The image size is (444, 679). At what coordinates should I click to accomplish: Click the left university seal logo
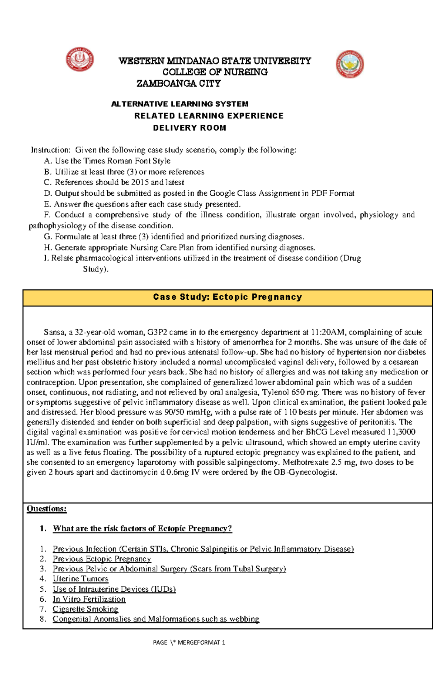point(80,60)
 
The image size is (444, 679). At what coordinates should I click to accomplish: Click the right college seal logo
point(350,64)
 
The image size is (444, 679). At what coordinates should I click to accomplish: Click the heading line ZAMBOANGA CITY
point(179,84)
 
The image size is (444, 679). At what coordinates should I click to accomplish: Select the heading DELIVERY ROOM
point(189,128)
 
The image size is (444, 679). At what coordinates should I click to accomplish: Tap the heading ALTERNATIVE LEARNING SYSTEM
point(180,104)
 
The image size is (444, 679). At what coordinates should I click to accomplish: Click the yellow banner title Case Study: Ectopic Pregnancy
point(228,297)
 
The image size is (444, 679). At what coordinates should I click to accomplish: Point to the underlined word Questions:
point(47,509)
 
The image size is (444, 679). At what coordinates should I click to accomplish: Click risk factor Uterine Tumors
point(80,579)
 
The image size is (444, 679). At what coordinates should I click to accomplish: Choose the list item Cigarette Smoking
point(85,609)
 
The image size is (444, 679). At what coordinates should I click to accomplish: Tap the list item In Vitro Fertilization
point(89,599)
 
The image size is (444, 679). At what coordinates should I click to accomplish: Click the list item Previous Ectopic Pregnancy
point(102,559)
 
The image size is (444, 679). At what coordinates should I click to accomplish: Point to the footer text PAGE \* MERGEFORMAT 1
point(189,642)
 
